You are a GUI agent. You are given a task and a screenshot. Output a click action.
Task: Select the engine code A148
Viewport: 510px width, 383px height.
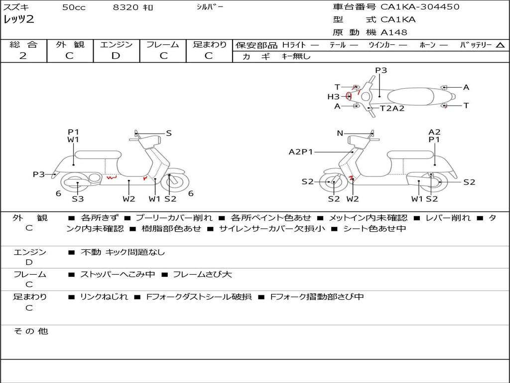tap(393, 32)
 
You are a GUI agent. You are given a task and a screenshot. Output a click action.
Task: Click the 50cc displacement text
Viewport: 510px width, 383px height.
tap(74, 7)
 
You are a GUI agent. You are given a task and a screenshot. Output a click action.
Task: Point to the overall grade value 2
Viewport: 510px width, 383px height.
tap(23, 56)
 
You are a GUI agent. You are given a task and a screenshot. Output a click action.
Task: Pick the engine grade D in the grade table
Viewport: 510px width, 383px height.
tap(116, 56)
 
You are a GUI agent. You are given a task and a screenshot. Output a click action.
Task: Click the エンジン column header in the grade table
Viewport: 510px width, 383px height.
tap(116, 44)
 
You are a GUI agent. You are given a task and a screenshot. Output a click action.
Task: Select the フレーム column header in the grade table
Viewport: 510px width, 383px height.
tap(162, 44)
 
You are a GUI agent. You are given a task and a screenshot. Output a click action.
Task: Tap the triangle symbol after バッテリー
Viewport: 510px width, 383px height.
tap(500, 45)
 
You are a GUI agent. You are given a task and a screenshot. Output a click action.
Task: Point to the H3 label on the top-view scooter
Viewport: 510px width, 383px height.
tap(333, 97)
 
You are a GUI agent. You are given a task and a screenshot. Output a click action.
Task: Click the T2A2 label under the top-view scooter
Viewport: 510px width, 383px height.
tap(392, 108)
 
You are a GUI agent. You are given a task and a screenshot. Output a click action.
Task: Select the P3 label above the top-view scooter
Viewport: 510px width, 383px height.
tap(381, 70)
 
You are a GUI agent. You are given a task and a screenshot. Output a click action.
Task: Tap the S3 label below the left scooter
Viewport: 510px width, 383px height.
tap(78, 199)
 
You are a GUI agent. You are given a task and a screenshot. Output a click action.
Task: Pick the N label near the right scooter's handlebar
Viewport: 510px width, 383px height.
tap(340, 133)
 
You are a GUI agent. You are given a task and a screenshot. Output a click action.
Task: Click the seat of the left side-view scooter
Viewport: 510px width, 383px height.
tap(97, 154)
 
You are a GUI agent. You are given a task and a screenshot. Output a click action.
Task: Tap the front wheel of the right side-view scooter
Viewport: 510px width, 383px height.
tap(333, 183)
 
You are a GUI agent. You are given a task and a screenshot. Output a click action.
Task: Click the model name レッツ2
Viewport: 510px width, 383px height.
tap(18, 20)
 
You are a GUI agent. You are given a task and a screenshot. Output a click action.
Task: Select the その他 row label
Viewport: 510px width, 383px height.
tap(30, 331)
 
